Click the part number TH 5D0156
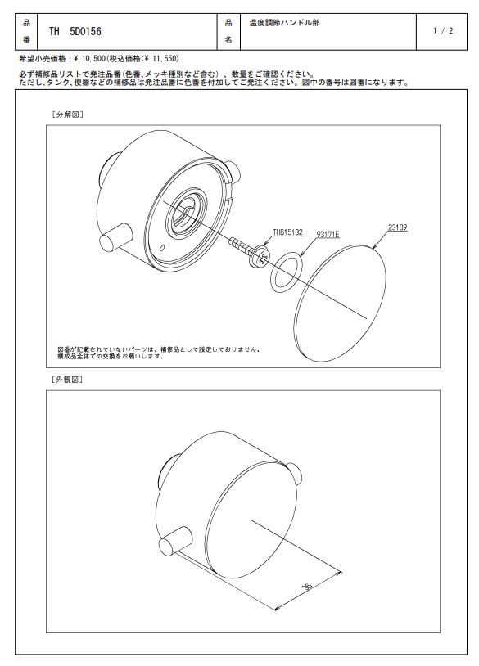point(75,31)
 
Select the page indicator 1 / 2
point(443,30)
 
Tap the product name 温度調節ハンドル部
point(284,23)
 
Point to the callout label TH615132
point(287,232)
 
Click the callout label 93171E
point(328,234)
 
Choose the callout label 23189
point(397,227)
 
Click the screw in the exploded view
point(250,251)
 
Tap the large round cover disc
point(340,304)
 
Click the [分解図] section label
point(67,115)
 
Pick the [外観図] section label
point(67,380)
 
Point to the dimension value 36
point(307,587)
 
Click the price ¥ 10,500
point(88,58)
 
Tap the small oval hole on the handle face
point(161,248)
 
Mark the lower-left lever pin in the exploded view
point(115,237)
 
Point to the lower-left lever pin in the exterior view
point(174,541)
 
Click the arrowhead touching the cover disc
point(375,246)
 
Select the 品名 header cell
point(228,31)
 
